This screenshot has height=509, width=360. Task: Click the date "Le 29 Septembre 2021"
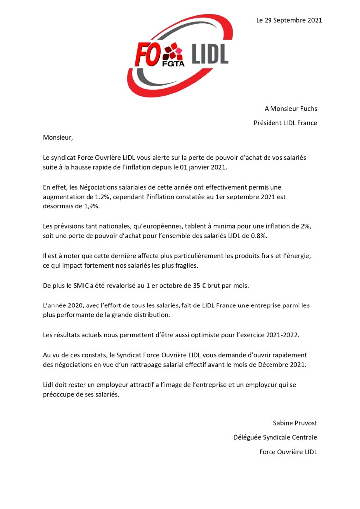289,20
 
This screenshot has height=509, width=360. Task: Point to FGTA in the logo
173,63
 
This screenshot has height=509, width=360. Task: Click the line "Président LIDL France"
285,123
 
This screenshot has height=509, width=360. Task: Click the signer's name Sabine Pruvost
295,423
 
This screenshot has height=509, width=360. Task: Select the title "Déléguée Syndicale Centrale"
275,438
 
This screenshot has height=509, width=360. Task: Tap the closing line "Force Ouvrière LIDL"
288,452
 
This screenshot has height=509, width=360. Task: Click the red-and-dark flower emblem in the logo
173,50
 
